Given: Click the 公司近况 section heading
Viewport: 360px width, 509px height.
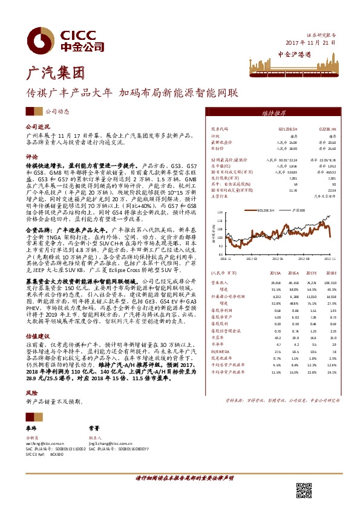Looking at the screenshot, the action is click(36, 128).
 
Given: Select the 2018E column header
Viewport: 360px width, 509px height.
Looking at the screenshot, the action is click(330, 273).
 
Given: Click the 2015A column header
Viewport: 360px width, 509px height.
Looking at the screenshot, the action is click(276, 273).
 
